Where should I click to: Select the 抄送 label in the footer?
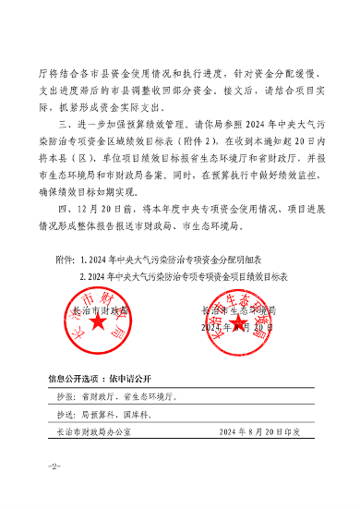[64, 413]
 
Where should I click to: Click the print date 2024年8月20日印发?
[260, 431]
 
